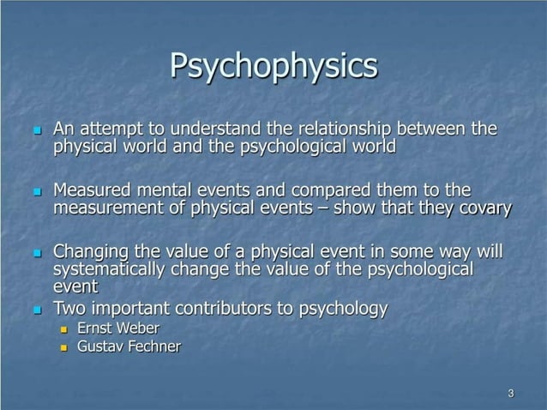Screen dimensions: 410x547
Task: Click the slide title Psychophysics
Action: pyautogui.click(x=273, y=66)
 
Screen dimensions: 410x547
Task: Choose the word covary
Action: pyautogui.click(x=483, y=208)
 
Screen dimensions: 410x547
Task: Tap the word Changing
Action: pyautogui.click(x=92, y=252)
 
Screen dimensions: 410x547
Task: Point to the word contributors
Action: pyautogui.click(x=231, y=309)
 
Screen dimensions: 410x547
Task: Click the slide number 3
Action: pyautogui.click(x=511, y=394)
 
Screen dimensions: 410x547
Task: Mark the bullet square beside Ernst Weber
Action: pyautogui.click(x=63, y=329)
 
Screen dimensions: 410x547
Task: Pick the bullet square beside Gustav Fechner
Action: pyautogui.click(x=63, y=348)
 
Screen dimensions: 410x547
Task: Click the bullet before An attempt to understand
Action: pyautogui.click(x=37, y=131)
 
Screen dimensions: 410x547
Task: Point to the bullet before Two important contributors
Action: pyautogui.click(x=37, y=310)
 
